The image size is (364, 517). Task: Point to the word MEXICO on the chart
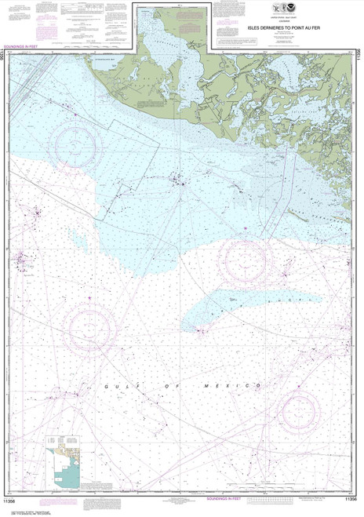[x=242, y=386]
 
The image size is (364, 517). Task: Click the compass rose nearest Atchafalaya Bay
[x=76, y=143]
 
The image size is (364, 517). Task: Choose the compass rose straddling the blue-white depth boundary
[x=244, y=259]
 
